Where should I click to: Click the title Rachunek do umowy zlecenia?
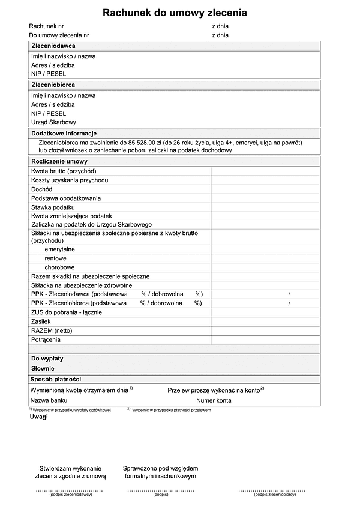pos(175,13)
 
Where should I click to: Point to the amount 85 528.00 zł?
pos(147,143)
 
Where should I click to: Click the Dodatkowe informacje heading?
pos(64,133)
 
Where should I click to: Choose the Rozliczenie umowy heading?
pos(59,161)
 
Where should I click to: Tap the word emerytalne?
pos(59,249)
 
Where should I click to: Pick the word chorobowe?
pos(59,267)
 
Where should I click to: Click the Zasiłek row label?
pos(41,321)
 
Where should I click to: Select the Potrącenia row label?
pos(46,340)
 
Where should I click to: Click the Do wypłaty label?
pos(47,359)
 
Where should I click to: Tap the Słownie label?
pos(43,368)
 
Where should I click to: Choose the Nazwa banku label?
pos(49,400)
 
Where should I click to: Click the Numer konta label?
pos(214,400)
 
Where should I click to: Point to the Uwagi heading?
pos(38,417)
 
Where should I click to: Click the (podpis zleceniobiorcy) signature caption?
pos(274,495)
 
